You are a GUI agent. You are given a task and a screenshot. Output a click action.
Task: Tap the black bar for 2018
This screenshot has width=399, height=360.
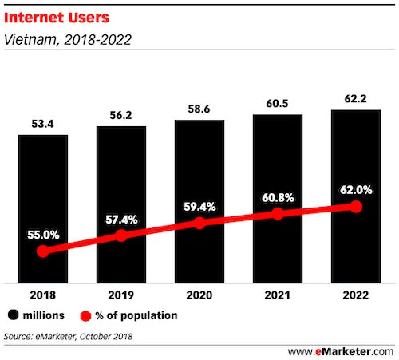coord(43,176)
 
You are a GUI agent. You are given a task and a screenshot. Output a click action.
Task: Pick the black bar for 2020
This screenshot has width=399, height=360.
coord(199,168)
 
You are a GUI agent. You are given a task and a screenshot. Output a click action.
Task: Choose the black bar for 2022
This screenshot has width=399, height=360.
coord(356,160)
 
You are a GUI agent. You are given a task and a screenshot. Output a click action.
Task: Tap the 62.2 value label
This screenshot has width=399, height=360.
coord(356,97)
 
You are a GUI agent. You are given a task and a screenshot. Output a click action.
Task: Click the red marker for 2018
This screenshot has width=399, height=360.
coord(43,251)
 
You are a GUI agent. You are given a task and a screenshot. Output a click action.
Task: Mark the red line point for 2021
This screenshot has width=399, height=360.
coord(278,214)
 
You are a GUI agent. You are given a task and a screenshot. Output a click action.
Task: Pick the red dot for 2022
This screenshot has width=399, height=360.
coord(356,207)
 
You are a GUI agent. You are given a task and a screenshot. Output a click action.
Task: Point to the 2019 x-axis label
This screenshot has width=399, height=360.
coord(121,294)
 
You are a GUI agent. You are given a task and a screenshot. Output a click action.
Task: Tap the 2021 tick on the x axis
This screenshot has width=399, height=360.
coord(278,294)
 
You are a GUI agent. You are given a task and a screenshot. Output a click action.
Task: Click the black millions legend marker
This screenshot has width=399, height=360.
coord(14,315)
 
